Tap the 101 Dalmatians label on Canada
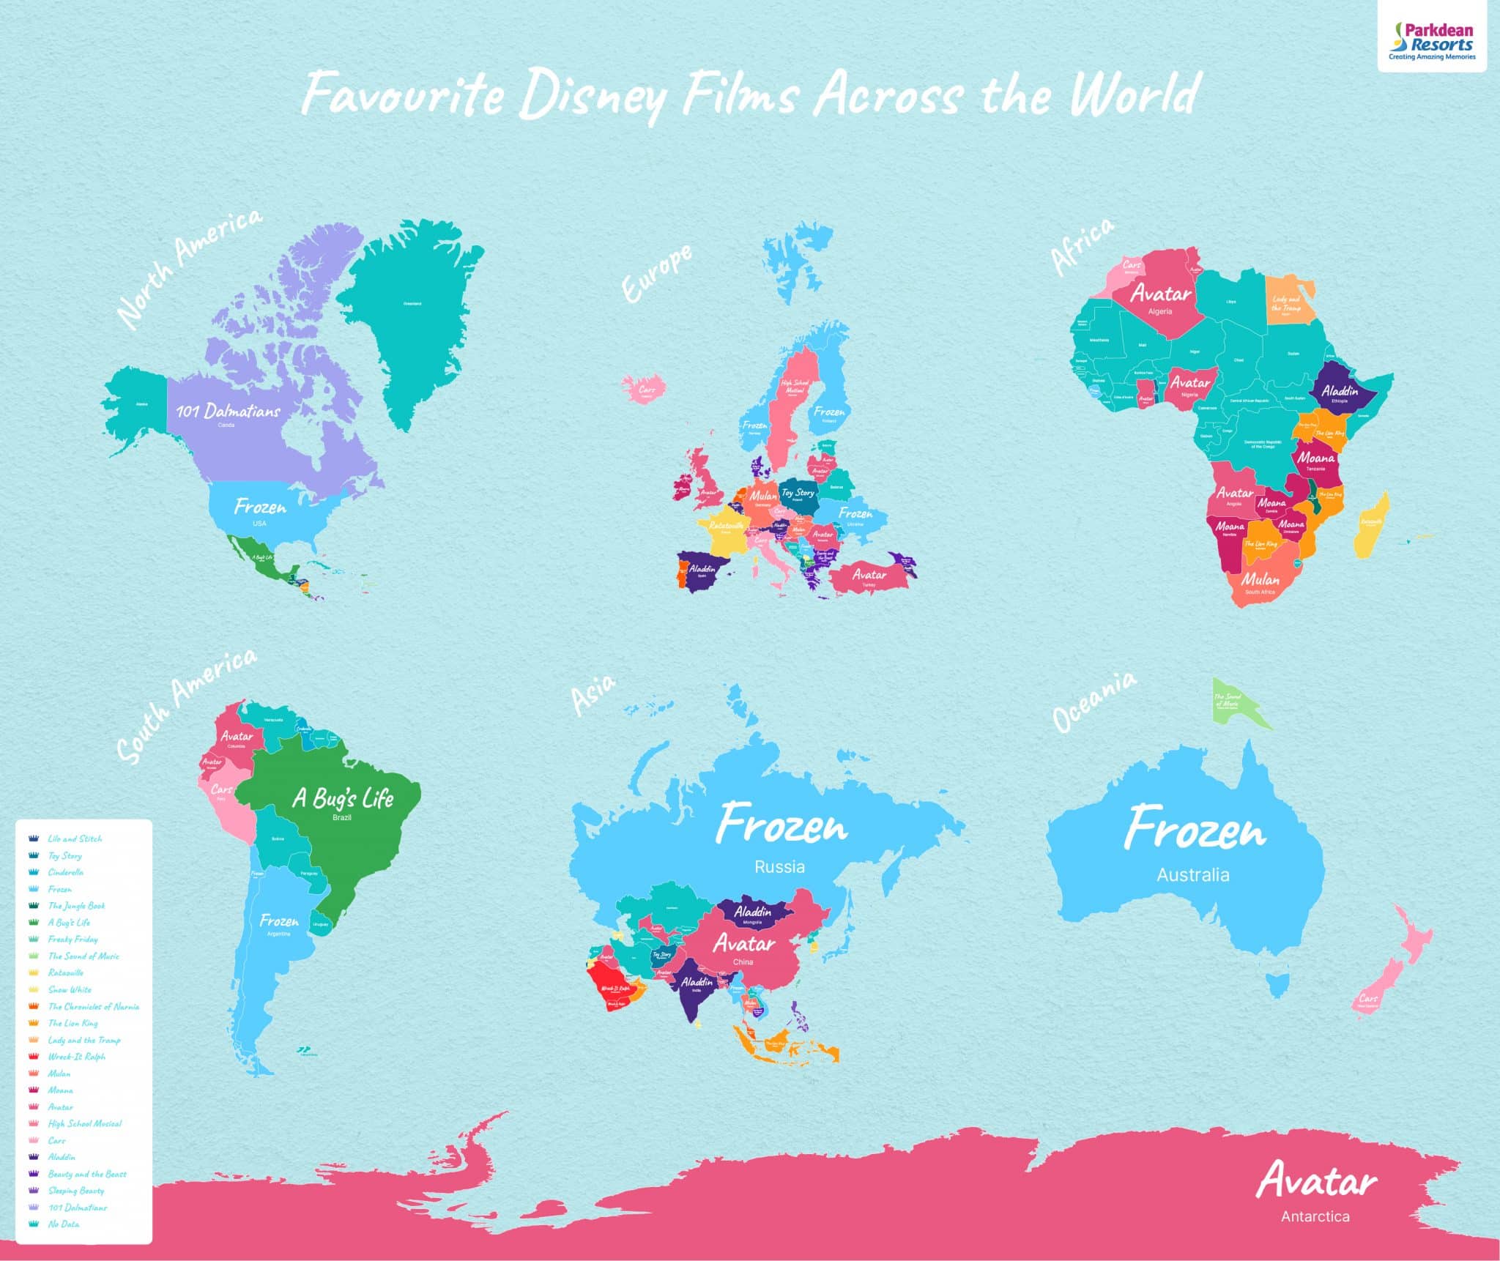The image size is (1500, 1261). click(228, 410)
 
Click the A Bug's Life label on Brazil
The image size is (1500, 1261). click(343, 798)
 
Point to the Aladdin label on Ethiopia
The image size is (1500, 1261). click(1340, 391)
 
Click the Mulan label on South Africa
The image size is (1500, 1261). click(1260, 579)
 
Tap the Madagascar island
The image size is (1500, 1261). click(1372, 524)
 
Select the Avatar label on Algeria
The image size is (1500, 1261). click(1161, 294)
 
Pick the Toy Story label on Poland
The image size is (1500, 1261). click(797, 493)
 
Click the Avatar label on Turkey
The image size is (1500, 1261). click(869, 575)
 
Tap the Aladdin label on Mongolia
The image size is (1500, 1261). click(752, 912)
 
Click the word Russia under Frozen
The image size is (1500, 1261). click(779, 867)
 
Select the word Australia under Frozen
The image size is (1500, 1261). click(1192, 874)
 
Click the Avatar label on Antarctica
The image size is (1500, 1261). click(1316, 1180)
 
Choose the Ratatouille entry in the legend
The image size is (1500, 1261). click(66, 972)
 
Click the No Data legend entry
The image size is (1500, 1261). click(63, 1224)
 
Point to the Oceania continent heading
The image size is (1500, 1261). click(1094, 702)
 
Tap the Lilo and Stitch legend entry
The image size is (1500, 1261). click(75, 838)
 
